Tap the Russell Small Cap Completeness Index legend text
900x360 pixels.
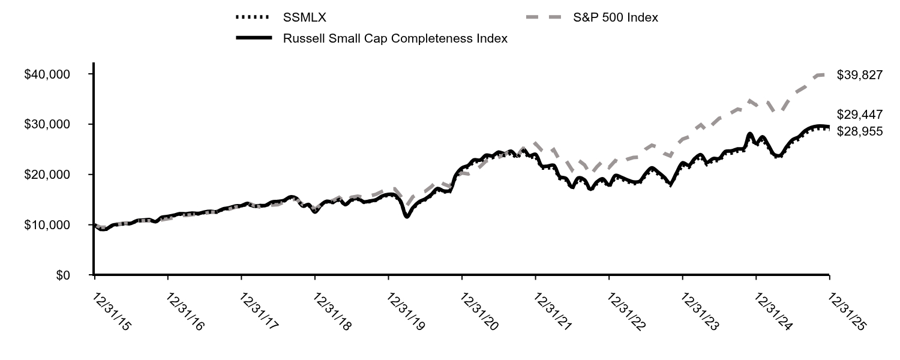(395, 38)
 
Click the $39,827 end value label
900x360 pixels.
(860, 74)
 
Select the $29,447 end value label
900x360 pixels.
(860, 115)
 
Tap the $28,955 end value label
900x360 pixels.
(860, 131)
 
